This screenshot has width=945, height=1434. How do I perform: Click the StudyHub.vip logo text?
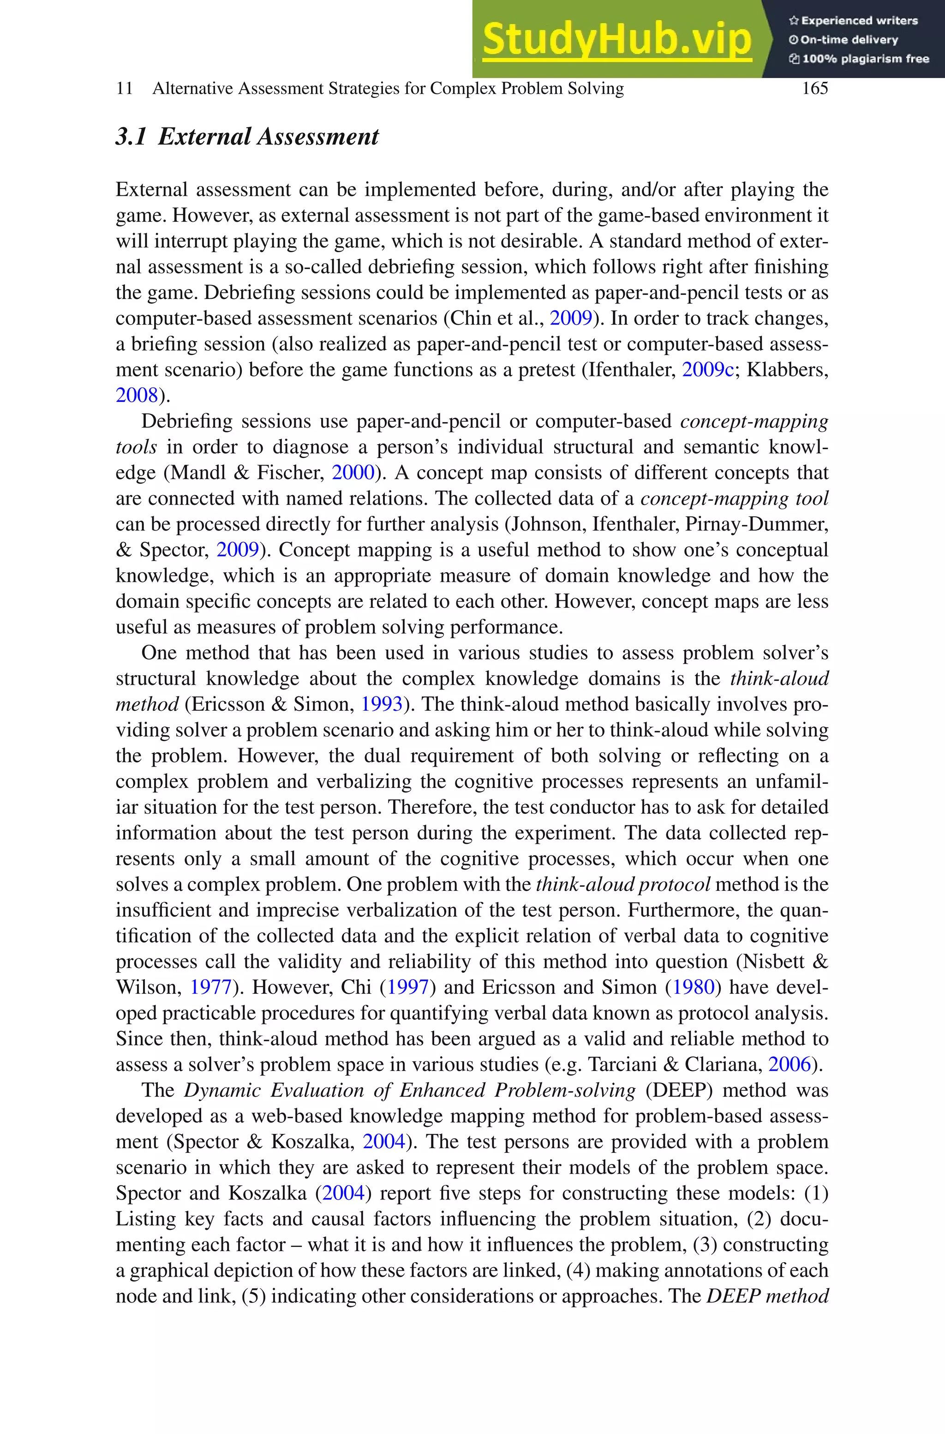point(616,39)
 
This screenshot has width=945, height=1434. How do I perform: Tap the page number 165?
point(815,89)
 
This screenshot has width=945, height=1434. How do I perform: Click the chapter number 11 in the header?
point(124,89)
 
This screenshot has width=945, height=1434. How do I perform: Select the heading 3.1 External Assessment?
point(247,136)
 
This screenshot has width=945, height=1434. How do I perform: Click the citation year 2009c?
point(707,369)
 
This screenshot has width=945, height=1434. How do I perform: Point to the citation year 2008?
point(136,396)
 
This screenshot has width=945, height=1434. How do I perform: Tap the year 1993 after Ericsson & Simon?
point(381,704)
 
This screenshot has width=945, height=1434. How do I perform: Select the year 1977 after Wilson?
point(211,987)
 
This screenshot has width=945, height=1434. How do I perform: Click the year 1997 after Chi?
point(407,987)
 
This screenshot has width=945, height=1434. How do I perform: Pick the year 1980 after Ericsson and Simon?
point(693,987)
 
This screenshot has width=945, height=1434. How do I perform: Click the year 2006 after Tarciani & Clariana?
point(789,1065)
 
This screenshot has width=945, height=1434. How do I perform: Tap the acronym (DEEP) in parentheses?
point(675,1090)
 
